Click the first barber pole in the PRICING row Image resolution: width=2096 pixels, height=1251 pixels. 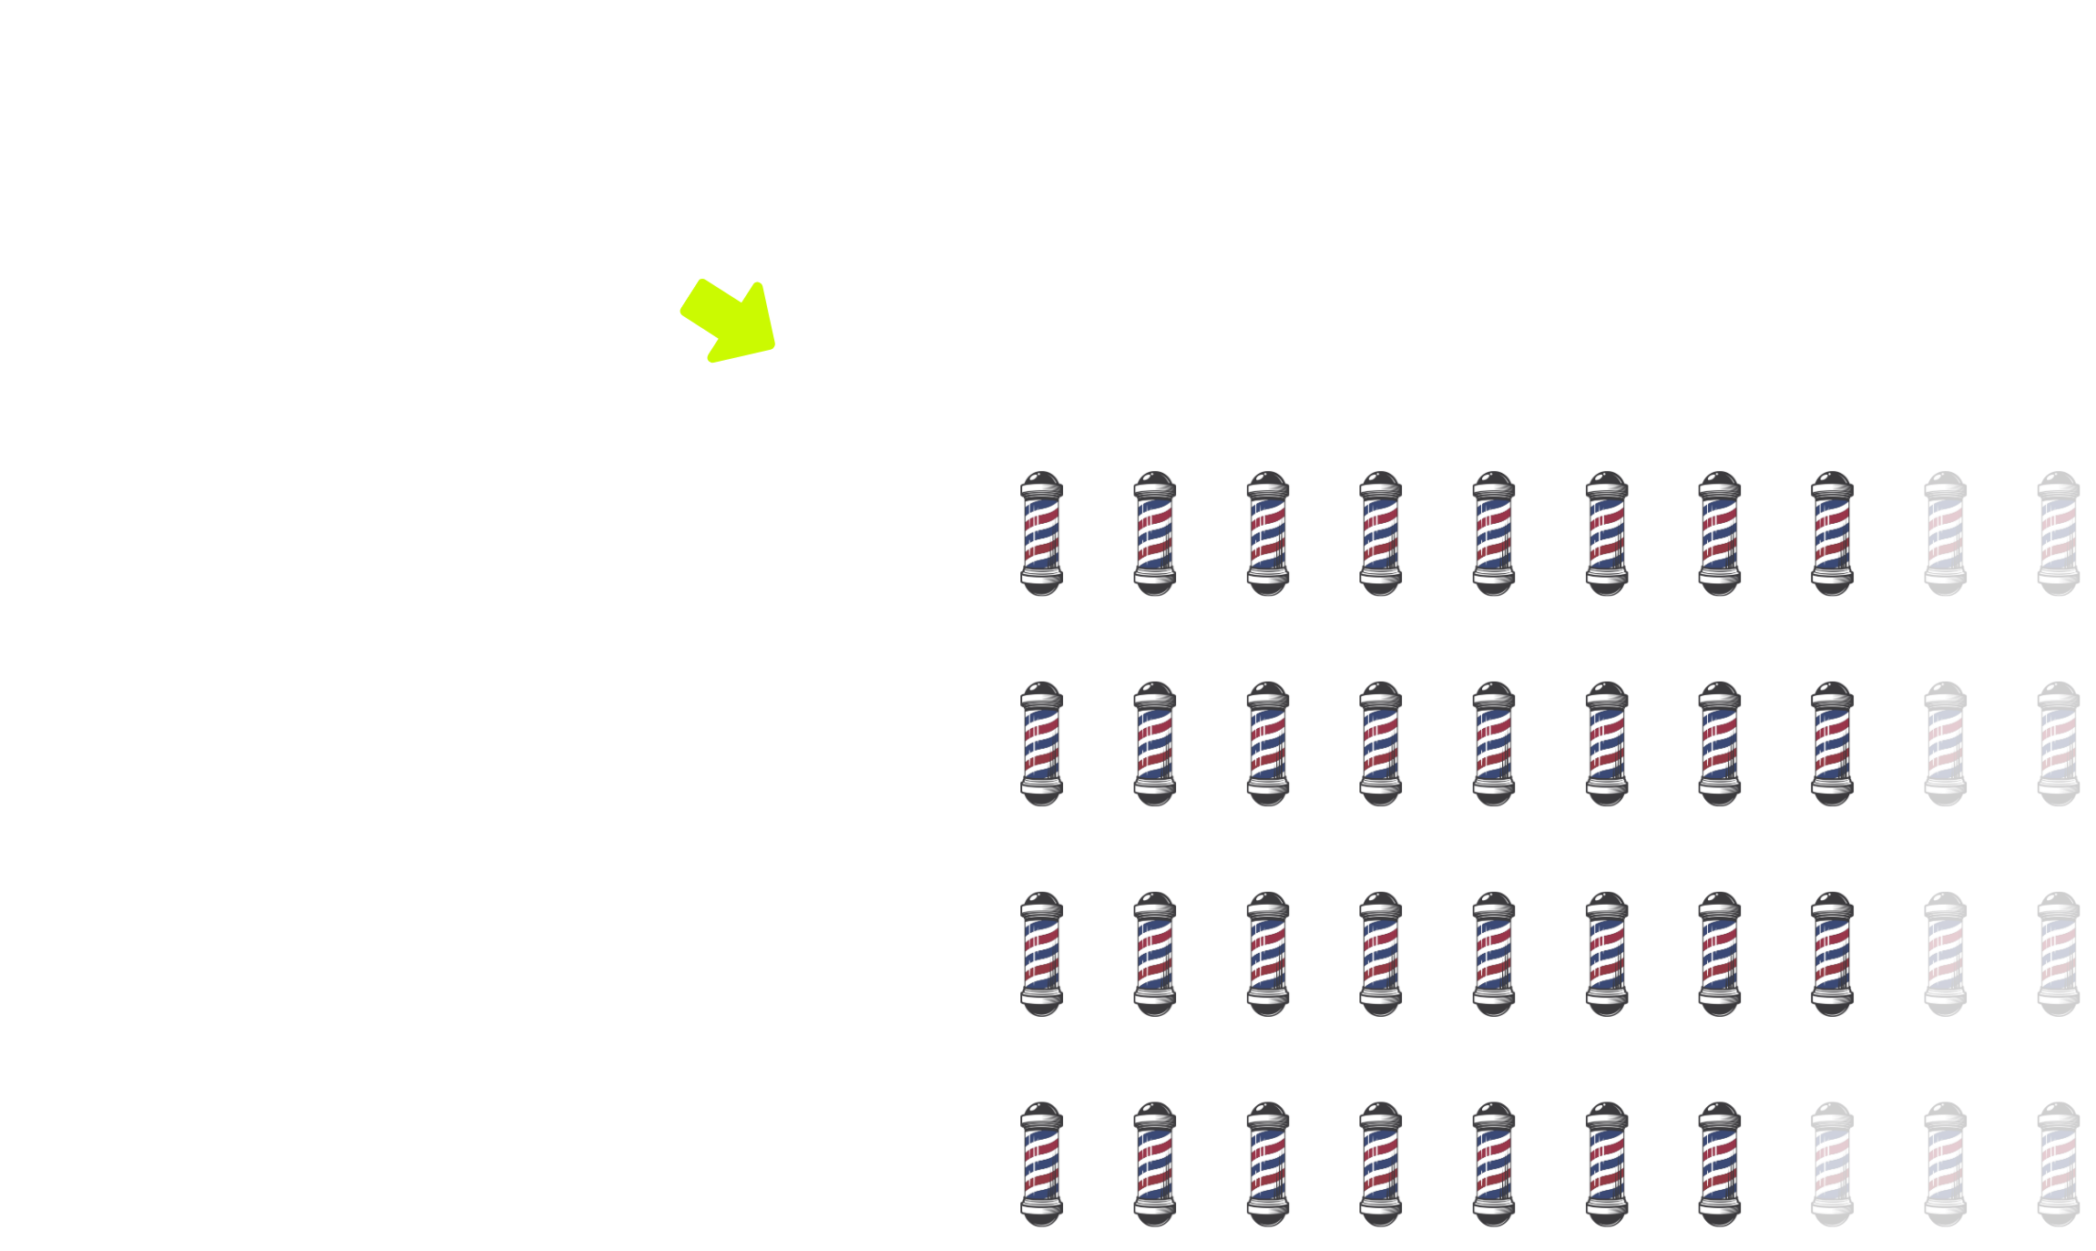tap(1042, 533)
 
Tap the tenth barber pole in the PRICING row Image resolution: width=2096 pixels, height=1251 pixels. tap(2059, 533)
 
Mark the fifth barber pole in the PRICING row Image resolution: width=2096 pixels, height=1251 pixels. tap(1494, 533)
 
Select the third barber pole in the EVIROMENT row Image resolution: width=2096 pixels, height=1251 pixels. tap(1268, 743)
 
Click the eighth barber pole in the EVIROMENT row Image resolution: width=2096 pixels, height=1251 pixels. tap(1833, 743)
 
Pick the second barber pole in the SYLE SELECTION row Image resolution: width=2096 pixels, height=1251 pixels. tap(1155, 954)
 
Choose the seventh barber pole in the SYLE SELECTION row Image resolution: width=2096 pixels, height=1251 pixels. tap(1720, 954)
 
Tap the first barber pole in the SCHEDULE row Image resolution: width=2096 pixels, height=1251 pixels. tap(1042, 1164)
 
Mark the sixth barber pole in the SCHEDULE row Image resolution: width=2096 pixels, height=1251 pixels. tap(1607, 1164)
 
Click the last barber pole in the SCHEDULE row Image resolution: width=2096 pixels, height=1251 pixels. tap(2059, 1164)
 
